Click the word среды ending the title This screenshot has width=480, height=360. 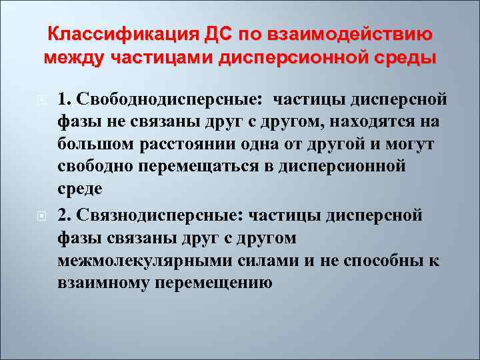tap(404, 57)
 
